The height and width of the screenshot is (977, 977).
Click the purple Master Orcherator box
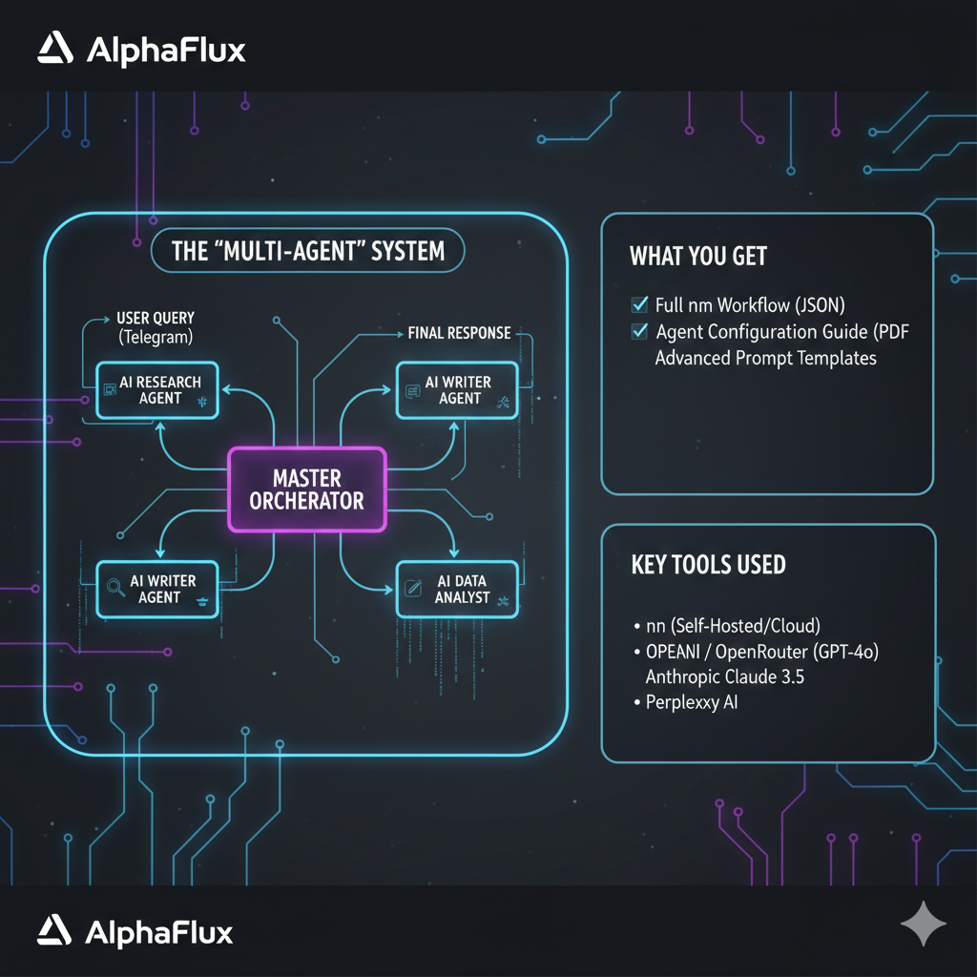(307, 488)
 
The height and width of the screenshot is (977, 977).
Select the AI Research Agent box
(158, 389)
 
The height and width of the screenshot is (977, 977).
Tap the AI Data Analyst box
(456, 589)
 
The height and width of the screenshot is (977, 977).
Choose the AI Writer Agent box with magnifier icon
(158, 589)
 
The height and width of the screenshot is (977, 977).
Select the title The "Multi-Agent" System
(307, 251)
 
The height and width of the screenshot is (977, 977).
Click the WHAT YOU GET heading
(698, 256)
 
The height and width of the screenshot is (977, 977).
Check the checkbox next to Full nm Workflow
(640, 305)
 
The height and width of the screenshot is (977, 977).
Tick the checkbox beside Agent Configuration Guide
(640, 331)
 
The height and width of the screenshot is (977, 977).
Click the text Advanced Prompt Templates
(765, 358)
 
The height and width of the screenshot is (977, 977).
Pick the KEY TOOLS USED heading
(708, 564)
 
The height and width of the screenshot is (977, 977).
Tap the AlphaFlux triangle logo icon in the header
(55, 49)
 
